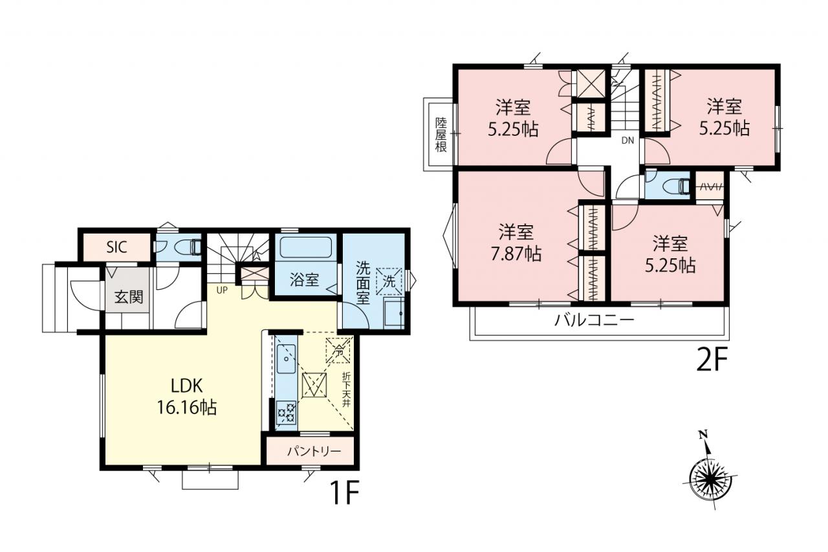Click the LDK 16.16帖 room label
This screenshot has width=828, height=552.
coord(187,397)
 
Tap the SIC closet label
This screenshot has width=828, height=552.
coord(116,247)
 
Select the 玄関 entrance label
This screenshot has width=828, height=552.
coord(128,297)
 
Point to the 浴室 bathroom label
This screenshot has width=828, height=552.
coord(304,280)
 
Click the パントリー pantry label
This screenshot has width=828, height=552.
coord(314,452)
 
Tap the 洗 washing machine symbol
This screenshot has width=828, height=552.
coord(389,282)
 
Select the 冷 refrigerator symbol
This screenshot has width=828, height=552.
coord(338,350)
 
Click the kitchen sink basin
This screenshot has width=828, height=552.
coord(286,359)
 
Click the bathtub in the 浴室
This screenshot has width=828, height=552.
coord(305,247)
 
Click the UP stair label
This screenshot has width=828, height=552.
coord(222,290)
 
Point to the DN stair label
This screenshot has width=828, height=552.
coord(627,140)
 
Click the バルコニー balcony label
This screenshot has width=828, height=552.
coord(594,320)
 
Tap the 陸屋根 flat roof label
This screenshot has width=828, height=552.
coord(441,135)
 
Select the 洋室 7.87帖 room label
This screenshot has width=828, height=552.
coord(516,243)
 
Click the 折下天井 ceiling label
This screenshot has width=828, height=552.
coord(346,390)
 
